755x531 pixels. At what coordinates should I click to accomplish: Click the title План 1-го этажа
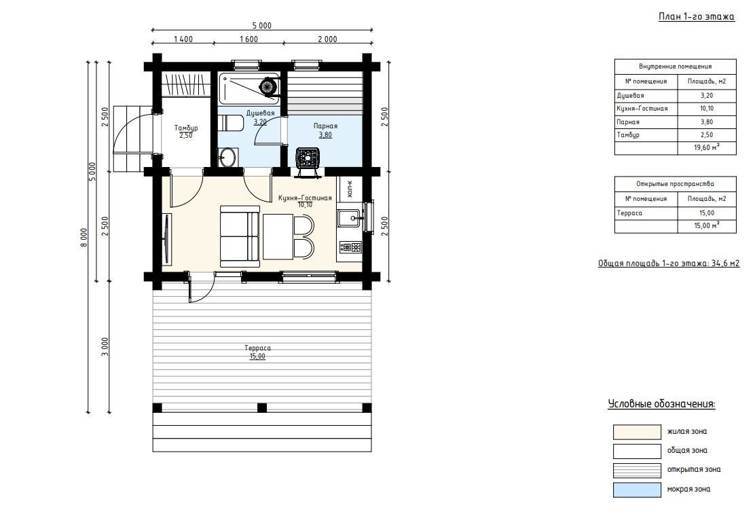pyautogui.click(x=696, y=17)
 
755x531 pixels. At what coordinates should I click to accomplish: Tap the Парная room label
pyautogui.click(x=325, y=126)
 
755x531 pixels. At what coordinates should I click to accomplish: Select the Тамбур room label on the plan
pyautogui.click(x=186, y=128)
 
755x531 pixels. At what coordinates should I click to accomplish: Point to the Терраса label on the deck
pyautogui.click(x=257, y=348)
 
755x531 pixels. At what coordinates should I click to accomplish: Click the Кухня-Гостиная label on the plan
pyautogui.click(x=306, y=198)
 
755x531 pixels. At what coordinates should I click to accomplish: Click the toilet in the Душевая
pyautogui.click(x=229, y=123)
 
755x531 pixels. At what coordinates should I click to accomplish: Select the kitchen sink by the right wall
pyautogui.click(x=350, y=219)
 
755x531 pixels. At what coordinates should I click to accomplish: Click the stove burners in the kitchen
pyautogui.click(x=350, y=247)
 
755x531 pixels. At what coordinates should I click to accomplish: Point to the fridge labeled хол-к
pyautogui.click(x=350, y=189)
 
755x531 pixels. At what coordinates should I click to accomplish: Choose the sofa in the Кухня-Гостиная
pyautogui.click(x=240, y=236)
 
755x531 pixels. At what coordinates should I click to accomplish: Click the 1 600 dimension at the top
pyautogui.click(x=249, y=39)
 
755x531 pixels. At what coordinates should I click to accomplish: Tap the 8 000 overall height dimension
pyautogui.click(x=84, y=238)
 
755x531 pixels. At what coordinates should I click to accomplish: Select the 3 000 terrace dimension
pyautogui.click(x=105, y=347)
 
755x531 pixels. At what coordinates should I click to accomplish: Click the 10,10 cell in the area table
pyautogui.click(x=707, y=109)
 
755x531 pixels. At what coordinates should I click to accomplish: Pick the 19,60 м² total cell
pyautogui.click(x=707, y=148)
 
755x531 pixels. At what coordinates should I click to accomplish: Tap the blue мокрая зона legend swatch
pyautogui.click(x=637, y=490)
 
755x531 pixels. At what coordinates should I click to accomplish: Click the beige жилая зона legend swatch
pyautogui.click(x=637, y=432)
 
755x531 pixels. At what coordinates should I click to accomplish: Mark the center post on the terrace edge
pyautogui.click(x=262, y=408)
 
